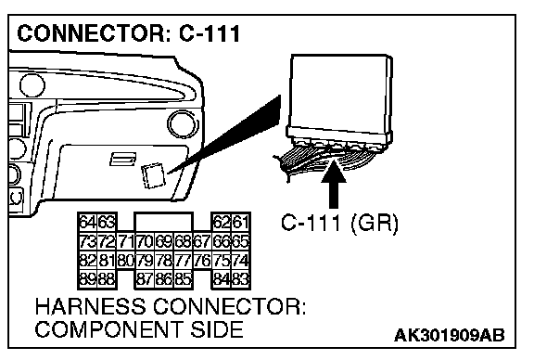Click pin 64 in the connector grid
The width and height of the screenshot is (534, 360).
[88, 223]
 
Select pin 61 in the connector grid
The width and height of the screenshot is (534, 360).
[241, 223]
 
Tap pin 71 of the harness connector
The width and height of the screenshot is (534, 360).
[126, 242]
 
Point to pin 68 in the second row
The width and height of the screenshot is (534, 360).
[184, 242]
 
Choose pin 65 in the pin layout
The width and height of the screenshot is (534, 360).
[241, 242]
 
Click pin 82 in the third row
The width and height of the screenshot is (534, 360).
[88, 261]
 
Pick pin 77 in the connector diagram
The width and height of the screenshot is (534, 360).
[184, 261]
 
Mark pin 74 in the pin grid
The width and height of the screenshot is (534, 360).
[241, 261]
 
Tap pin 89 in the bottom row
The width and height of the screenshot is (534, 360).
[88, 279]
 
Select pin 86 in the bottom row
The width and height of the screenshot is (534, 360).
[164, 279]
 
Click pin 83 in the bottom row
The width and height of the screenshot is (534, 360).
[241, 279]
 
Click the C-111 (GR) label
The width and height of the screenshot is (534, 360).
[339, 224]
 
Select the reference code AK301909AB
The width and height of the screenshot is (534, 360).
[450, 336]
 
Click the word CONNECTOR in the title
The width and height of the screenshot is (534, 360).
[91, 33]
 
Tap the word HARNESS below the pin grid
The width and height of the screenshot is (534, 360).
[91, 306]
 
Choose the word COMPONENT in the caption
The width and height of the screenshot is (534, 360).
[108, 329]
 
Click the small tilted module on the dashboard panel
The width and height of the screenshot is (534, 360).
[154, 175]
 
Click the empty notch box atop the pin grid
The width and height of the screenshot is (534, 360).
[164, 222]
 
